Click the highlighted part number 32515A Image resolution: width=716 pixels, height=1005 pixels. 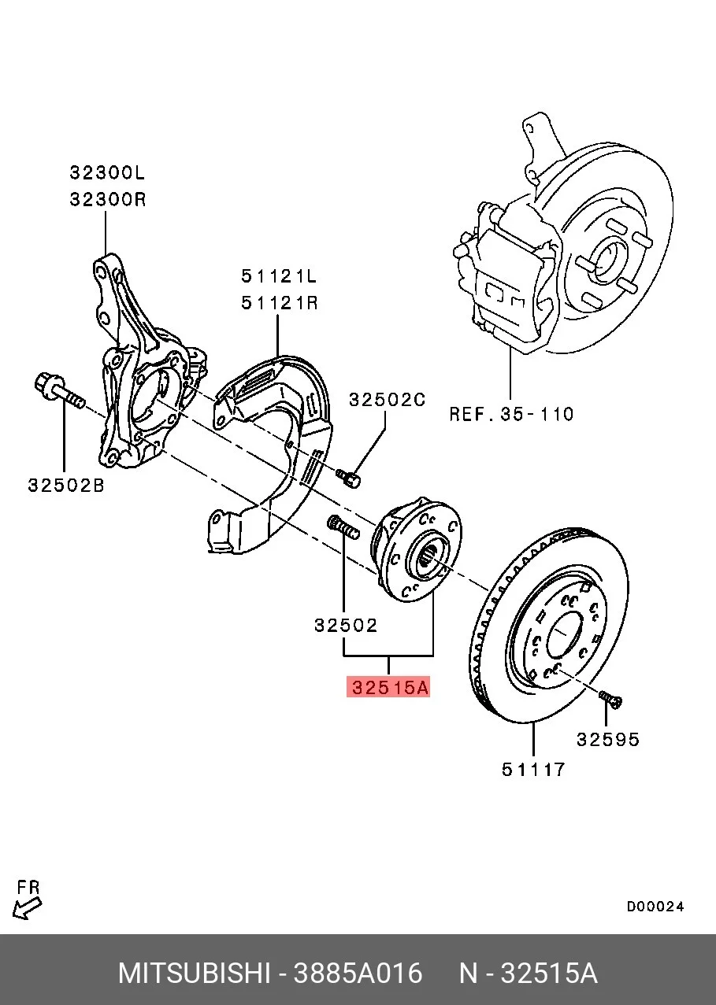point(388,687)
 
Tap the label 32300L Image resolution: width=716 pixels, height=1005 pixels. point(107,172)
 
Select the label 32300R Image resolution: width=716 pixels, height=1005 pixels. point(108,199)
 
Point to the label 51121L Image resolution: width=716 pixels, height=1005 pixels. point(279,276)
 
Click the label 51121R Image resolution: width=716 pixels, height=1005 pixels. point(280,303)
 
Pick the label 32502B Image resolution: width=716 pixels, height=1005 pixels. point(66,485)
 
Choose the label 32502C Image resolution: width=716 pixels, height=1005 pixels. point(388,399)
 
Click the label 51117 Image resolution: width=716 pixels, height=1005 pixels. point(533,770)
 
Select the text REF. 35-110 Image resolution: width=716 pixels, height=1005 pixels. point(512,414)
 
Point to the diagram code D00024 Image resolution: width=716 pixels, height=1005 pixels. point(655,907)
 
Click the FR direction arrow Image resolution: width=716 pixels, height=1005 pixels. point(27,909)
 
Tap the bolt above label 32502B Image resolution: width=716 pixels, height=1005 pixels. point(59,390)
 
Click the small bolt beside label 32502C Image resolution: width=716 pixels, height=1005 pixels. point(349,478)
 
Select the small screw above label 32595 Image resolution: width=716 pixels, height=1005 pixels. point(610,699)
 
